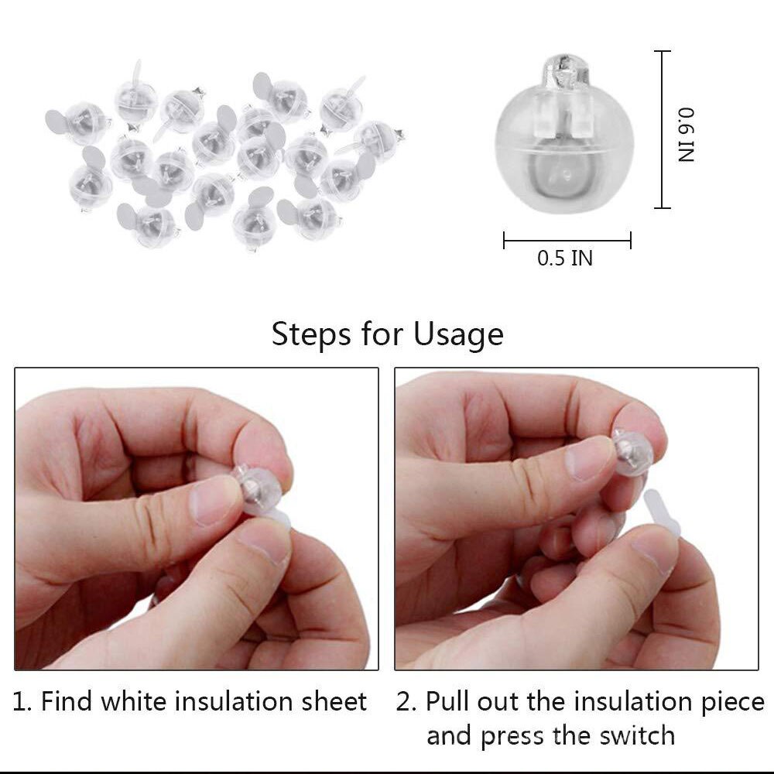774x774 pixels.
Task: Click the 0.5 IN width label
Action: [565, 258]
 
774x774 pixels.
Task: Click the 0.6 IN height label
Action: [687, 134]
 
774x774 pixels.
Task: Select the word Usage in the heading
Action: [458, 334]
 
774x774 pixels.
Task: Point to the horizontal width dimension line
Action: [567, 240]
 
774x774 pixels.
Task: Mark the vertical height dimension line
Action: [662, 129]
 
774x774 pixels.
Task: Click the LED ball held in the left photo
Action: [255, 485]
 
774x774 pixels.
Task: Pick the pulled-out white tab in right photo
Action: [659, 514]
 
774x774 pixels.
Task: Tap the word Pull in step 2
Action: [447, 702]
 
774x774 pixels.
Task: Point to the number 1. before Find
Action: [22, 702]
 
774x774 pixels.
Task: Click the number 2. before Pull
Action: [406, 702]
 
